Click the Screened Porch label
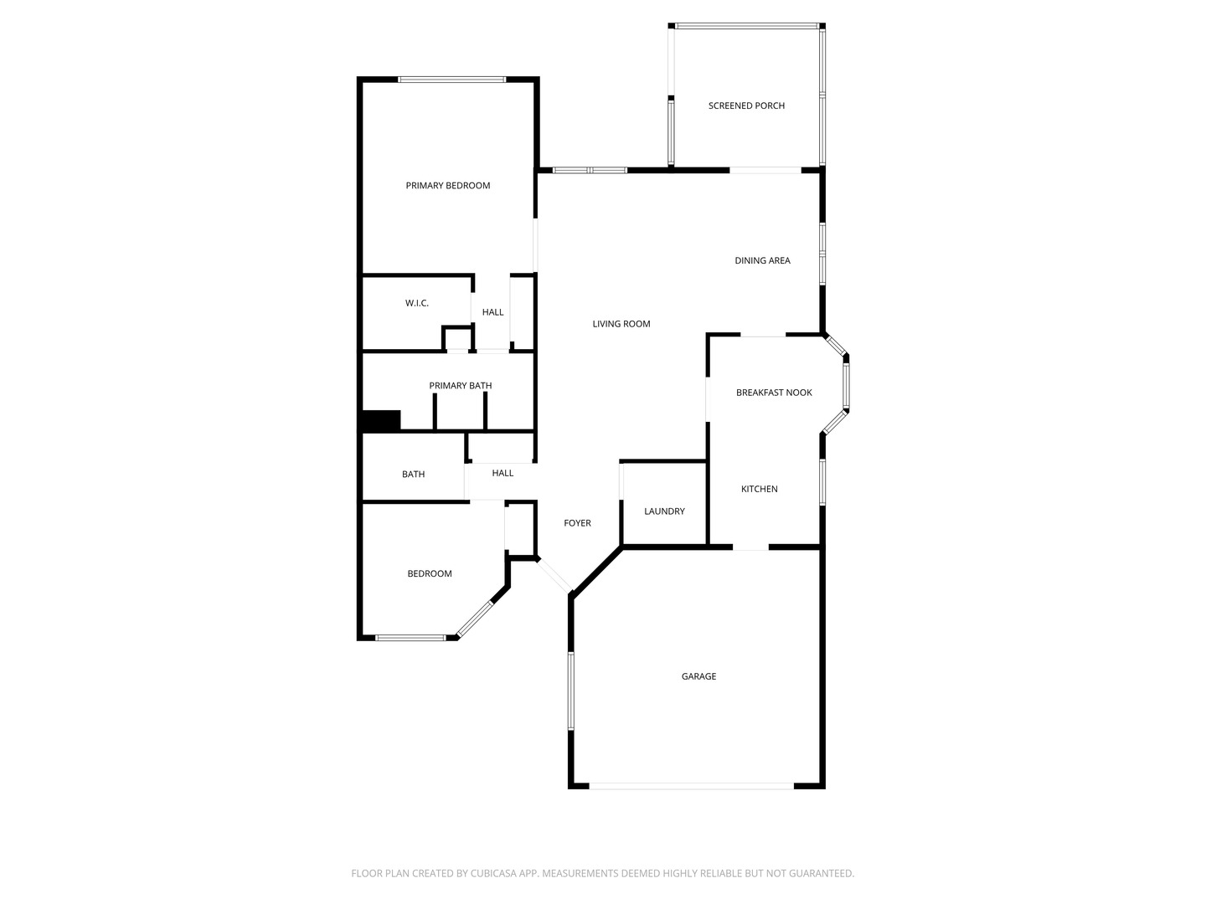click(746, 105)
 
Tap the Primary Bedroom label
click(447, 185)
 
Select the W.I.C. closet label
click(416, 303)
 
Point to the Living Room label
click(621, 324)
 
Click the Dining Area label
click(762, 260)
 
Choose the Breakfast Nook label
click(774, 393)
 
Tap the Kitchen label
click(759, 489)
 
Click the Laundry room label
click(664, 511)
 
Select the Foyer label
click(577, 523)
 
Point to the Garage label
click(698, 676)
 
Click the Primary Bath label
click(460, 386)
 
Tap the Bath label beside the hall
click(413, 475)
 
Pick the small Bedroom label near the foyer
click(429, 573)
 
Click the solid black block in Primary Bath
click(381, 421)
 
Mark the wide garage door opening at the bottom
click(692, 786)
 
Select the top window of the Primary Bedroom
click(451, 80)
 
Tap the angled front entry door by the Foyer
click(554, 576)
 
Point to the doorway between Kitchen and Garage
click(750, 548)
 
